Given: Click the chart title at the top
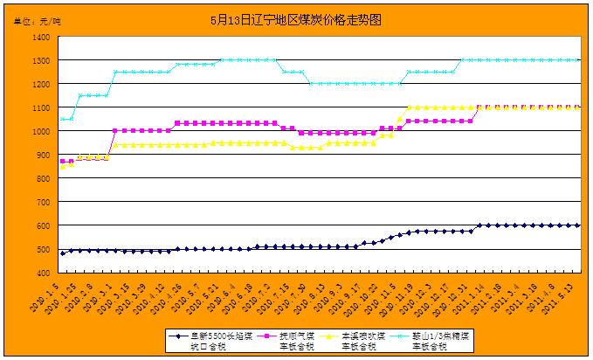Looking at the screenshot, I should (x=296, y=18).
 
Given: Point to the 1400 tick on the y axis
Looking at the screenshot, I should (x=40, y=38).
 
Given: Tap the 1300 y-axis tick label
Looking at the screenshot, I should (x=40, y=61).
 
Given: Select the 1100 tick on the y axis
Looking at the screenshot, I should (x=40, y=108).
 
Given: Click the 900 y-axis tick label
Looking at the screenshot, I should (x=43, y=156).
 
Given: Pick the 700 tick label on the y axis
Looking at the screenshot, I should (x=43, y=203).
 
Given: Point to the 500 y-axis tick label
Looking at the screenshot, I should (x=43, y=250).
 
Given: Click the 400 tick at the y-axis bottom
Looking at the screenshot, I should (x=43, y=273).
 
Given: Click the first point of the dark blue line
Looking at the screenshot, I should (x=62, y=253).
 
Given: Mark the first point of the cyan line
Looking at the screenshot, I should (x=62, y=119).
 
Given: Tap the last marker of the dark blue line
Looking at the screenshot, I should (x=578, y=225).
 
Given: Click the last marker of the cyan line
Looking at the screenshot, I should (x=578, y=60).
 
